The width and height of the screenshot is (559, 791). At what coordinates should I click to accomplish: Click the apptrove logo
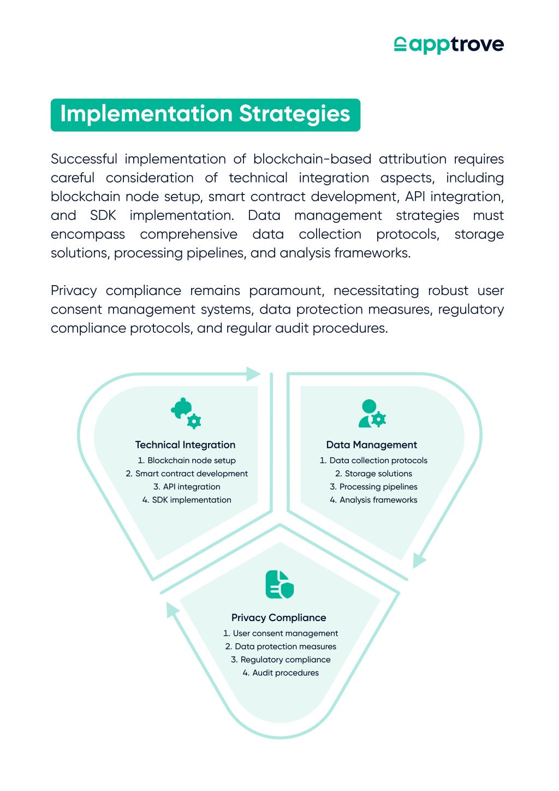pos(449,45)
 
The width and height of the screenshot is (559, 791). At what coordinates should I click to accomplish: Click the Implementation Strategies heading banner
pos(205,115)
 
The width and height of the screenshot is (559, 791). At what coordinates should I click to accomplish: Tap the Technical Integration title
pos(185,445)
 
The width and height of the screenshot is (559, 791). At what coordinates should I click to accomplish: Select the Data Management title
pos(372,445)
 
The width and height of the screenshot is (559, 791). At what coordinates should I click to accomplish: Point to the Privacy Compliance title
pos(279,618)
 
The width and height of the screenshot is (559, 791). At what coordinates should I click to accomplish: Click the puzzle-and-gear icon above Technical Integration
pos(186,413)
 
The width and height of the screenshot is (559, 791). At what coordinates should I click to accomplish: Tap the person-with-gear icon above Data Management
pos(372,413)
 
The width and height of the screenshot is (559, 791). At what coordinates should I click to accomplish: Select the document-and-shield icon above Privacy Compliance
pos(279,585)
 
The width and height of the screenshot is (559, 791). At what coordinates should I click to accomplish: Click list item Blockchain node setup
pos(187,461)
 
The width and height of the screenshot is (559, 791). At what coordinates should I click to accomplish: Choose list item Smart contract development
pos(187,474)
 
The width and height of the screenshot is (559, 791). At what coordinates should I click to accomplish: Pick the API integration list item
pos(187,487)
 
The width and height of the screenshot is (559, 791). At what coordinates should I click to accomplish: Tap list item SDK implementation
pos(187,500)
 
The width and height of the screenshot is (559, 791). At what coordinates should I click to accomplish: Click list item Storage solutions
pos(373,474)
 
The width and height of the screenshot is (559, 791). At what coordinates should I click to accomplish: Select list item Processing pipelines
pos(373,487)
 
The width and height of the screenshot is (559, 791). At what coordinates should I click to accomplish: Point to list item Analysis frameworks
pos(373,500)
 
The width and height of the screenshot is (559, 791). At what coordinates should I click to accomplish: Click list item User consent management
pos(281,633)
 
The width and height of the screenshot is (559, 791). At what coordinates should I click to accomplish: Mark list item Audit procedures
pos(281,672)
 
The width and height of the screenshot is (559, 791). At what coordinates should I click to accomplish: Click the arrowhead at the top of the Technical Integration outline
pos(253,374)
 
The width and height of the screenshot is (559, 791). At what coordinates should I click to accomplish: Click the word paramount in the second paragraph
pos(286,291)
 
